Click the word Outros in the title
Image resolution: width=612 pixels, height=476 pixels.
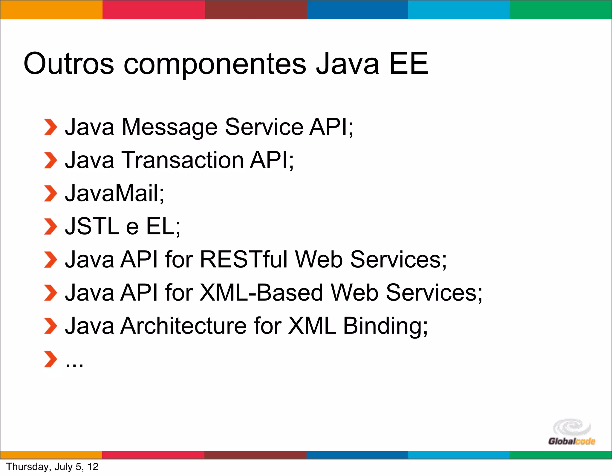[x=69, y=64]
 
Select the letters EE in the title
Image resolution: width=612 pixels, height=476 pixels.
[x=408, y=64]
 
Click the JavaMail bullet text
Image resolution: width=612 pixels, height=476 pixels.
[x=114, y=193]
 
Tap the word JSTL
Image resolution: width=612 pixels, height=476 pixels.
[x=92, y=226]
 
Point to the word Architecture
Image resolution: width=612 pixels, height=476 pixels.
[x=183, y=326]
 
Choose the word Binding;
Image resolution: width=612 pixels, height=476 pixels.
[x=385, y=326]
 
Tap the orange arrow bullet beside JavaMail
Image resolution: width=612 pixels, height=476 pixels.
[x=50, y=193]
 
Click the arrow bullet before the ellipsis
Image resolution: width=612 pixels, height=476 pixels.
[x=50, y=359]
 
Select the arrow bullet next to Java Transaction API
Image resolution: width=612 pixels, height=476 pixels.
[x=50, y=160]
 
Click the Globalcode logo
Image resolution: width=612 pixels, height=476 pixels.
[x=572, y=432]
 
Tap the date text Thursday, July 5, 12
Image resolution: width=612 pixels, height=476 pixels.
[x=52, y=467]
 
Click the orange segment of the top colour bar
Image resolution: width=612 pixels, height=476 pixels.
[x=51, y=10]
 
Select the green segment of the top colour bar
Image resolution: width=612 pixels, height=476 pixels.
[x=561, y=10]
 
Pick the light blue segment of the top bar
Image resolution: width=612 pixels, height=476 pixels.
[x=459, y=10]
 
